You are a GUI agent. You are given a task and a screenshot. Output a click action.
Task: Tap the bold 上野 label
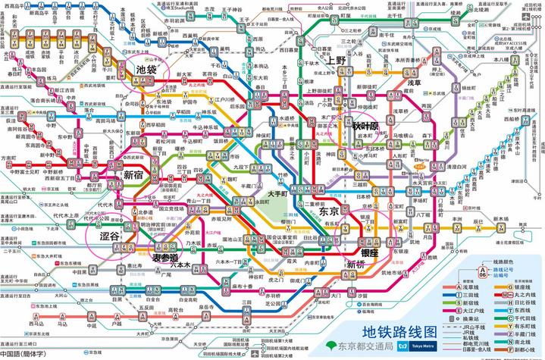[x=336, y=59]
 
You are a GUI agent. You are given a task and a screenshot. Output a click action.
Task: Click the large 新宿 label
[x=133, y=175]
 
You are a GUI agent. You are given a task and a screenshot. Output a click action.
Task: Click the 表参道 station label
[x=167, y=258]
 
